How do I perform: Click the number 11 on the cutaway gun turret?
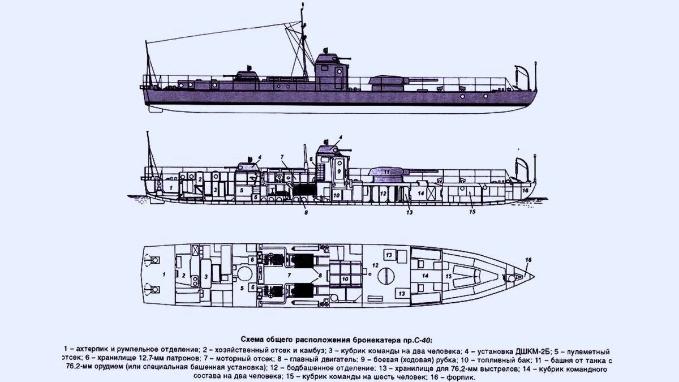387,171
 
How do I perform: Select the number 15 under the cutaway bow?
471,212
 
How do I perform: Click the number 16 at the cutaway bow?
526,191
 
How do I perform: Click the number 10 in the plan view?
345,279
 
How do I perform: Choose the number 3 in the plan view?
206,276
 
